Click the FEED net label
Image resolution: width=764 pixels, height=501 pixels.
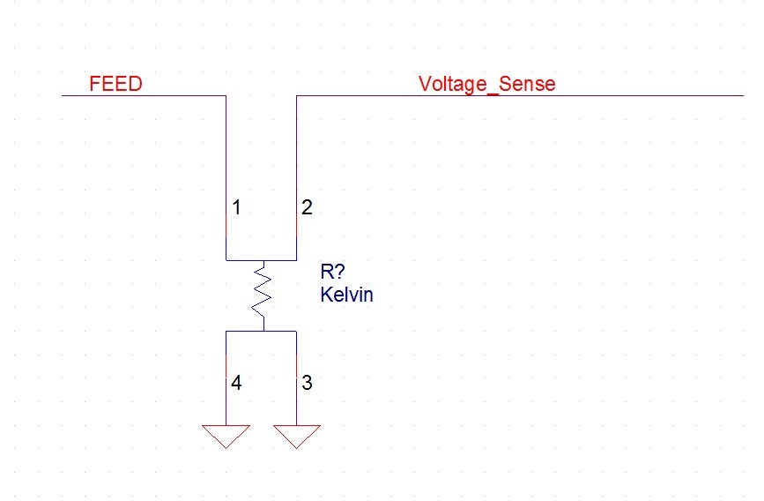click(x=115, y=85)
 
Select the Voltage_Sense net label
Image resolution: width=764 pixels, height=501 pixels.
click(x=486, y=85)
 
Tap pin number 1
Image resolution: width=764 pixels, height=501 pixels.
click(x=236, y=208)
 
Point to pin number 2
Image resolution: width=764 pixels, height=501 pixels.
click(x=306, y=208)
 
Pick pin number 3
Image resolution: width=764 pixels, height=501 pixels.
click(x=306, y=384)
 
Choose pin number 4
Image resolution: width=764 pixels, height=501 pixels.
click(x=236, y=384)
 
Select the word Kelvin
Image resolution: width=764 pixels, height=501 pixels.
click(x=346, y=295)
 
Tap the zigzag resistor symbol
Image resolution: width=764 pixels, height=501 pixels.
click(x=261, y=295)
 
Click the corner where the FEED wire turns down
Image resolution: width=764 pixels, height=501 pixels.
click(x=226, y=95)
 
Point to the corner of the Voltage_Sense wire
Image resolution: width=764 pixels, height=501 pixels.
click(x=297, y=95)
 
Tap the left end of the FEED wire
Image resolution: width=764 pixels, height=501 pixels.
click(x=63, y=95)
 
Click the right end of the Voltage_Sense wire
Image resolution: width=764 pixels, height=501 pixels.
click(x=742, y=95)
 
